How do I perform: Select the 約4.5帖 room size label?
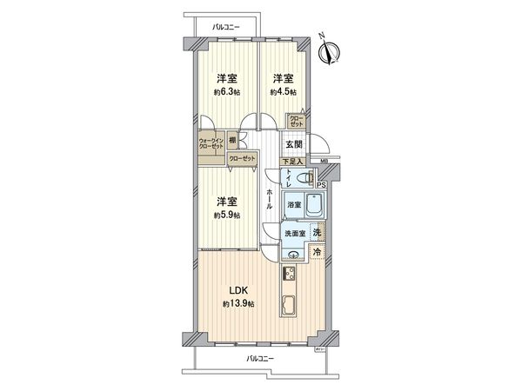click(283, 91)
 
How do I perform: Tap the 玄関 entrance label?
click(292, 144)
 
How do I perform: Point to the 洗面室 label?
click(293, 235)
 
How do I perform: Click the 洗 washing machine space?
click(318, 232)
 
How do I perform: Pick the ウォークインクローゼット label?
click(211, 143)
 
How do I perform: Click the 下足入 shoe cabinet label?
click(291, 162)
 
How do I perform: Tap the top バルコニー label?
click(224, 28)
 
